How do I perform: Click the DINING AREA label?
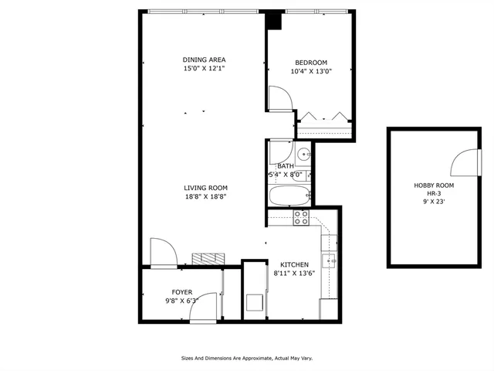click(205, 60)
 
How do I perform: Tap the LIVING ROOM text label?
click(205, 188)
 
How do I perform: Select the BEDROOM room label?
click(311, 63)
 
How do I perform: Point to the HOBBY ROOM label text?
click(434, 186)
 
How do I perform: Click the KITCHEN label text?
click(294, 264)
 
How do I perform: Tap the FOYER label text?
click(182, 292)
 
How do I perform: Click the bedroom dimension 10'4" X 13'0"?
click(311, 72)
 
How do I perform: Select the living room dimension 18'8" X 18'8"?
click(205, 197)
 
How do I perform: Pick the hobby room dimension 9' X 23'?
click(434, 202)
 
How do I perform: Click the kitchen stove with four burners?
click(301, 217)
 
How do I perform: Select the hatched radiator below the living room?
click(208, 258)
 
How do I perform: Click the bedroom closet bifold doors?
click(324, 117)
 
